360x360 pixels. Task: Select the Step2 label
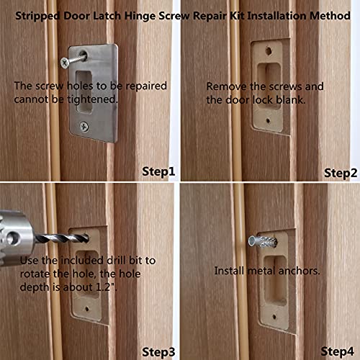[341, 172]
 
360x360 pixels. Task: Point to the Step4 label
[338, 351]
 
